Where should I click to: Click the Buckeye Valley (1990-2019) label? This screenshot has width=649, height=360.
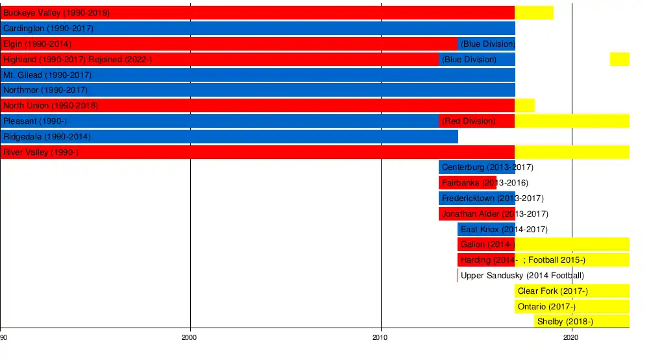(56, 13)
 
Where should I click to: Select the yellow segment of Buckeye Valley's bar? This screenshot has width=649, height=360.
(534, 13)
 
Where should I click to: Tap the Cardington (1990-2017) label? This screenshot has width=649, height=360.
(49, 29)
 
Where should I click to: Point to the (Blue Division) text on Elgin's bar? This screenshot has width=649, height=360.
(487, 44)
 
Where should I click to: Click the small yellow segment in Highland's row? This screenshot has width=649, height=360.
(619, 60)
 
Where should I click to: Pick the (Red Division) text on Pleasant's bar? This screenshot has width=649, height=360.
(468, 121)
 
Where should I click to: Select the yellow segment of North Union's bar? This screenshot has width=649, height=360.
(524, 106)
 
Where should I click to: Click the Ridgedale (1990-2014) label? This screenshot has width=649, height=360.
(47, 137)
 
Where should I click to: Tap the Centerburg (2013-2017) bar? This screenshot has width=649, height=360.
(476, 167)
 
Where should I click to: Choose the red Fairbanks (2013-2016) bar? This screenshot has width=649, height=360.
(467, 183)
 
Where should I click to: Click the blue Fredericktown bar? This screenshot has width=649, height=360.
(476, 198)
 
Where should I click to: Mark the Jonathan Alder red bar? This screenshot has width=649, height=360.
(476, 214)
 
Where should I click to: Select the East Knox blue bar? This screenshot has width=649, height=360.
(486, 230)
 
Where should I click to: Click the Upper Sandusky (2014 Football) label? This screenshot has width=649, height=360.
(522, 276)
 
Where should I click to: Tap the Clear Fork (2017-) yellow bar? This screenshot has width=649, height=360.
(572, 291)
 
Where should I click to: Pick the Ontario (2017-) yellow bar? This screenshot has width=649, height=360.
(572, 307)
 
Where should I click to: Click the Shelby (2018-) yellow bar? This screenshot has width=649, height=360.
(582, 322)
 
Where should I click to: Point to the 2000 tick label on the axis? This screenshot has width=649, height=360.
(190, 337)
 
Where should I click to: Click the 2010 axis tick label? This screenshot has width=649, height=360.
(380, 337)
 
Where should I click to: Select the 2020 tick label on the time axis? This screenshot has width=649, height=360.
(571, 337)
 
